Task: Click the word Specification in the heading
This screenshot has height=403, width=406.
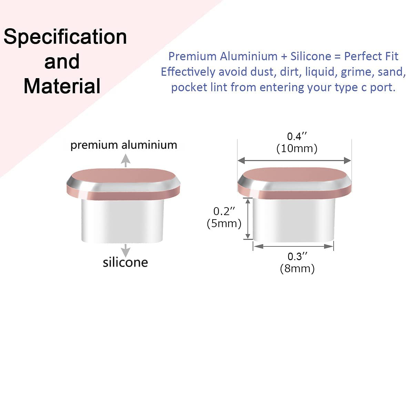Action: tap(65, 37)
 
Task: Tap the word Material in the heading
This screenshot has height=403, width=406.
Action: tap(62, 86)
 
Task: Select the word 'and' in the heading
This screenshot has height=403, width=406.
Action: tap(62, 62)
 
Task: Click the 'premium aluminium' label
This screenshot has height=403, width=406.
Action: tap(124, 145)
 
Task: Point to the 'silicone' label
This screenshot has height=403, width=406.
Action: tap(125, 262)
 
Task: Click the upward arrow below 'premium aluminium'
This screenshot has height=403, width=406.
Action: tap(125, 160)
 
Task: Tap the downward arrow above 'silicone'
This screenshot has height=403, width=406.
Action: tap(125, 251)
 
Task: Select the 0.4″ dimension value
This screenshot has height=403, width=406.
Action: tap(297, 136)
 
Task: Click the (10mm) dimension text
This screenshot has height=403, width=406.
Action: tap(297, 149)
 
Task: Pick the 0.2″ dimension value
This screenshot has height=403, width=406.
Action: tap(224, 211)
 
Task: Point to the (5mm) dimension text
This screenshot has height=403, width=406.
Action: tap(224, 223)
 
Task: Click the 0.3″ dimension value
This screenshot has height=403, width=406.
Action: tap(297, 256)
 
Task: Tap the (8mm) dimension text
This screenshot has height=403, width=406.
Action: tap(297, 268)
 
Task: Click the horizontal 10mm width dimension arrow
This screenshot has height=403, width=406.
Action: tap(294, 160)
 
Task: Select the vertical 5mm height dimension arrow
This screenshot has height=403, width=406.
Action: tap(248, 219)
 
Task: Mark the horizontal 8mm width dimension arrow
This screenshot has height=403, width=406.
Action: tap(293, 246)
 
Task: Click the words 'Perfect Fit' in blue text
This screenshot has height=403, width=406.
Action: tap(371, 56)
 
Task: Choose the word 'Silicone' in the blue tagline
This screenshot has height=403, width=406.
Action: tap(311, 56)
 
